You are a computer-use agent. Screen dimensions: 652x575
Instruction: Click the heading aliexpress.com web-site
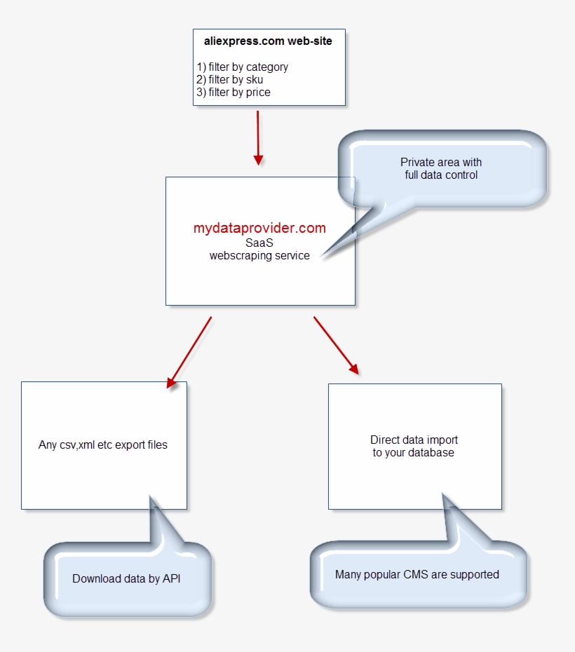point(268,41)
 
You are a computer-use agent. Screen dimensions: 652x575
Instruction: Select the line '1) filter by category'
point(243,67)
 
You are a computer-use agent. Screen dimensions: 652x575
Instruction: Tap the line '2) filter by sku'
point(230,80)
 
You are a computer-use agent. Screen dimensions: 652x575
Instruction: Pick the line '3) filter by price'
point(234,92)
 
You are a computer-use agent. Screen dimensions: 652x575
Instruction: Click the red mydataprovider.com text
point(259,228)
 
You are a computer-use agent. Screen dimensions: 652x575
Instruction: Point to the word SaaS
point(259,243)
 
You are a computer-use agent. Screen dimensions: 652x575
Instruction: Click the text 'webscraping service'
point(259,255)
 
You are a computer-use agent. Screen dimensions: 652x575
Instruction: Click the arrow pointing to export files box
point(189,351)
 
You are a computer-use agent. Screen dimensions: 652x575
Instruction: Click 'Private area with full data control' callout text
point(441,168)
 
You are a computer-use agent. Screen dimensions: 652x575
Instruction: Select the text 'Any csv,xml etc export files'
point(103,444)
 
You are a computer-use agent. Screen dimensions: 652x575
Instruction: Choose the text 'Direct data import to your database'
point(414,447)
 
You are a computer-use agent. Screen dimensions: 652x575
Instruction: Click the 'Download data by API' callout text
point(126,579)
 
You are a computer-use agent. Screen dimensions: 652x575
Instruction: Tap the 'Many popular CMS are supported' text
point(417,575)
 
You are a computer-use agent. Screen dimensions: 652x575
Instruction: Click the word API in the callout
point(171,579)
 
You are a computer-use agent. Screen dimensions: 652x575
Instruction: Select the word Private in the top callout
point(415,162)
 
